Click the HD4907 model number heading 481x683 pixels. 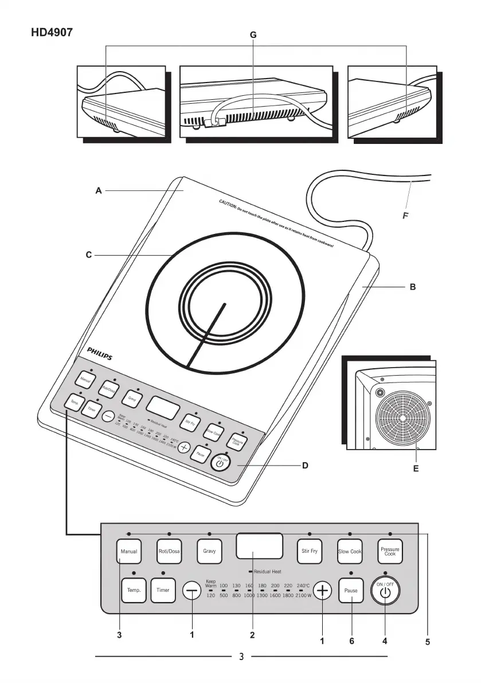pos(52,34)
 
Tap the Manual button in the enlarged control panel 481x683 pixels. pos(128,551)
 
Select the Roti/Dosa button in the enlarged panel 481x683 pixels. pos(169,551)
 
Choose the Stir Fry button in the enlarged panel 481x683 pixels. pos(310,551)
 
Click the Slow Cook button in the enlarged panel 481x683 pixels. pos(350,551)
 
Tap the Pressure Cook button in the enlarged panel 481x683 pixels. pos(390,551)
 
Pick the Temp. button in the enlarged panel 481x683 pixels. pos(134,590)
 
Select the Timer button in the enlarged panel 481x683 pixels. pos(163,590)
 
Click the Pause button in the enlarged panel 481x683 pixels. pos(351,590)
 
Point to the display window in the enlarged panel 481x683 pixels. pos(259,545)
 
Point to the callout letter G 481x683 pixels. pos(253,36)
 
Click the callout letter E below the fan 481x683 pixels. pos(416,469)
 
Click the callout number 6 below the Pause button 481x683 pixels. pos(351,641)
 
